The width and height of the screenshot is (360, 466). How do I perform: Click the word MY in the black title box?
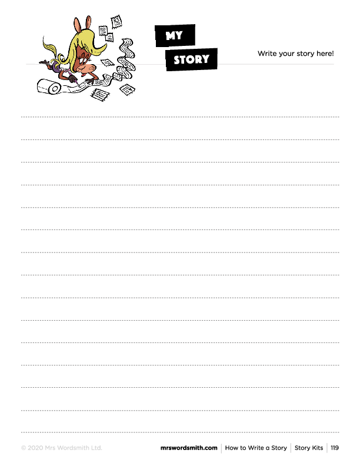point(174,36)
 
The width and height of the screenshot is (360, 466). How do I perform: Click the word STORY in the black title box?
point(192,59)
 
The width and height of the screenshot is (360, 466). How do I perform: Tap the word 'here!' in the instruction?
point(325,54)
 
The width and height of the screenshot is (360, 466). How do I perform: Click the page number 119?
point(335,448)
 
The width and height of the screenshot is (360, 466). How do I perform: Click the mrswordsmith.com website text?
point(189,448)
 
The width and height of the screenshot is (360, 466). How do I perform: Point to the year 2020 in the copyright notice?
point(35,448)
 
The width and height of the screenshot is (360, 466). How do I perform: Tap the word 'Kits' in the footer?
point(316,448)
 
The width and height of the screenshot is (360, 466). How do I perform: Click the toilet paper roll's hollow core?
point(55,89)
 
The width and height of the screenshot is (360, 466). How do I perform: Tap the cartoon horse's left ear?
point(77,25)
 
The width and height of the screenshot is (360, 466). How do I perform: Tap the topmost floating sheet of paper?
point(116,22)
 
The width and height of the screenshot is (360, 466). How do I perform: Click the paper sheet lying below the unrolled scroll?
point(100,95)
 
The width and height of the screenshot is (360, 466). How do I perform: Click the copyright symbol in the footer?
point(24,448)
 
